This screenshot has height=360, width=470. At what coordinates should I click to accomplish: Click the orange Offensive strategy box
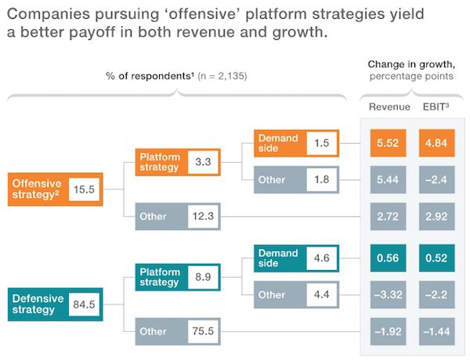point(38,189)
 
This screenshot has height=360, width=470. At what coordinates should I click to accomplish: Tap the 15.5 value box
point(84,189)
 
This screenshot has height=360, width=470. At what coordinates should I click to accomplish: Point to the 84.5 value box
point(84,304)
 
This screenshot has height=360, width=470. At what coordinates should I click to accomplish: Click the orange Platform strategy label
point(160,162)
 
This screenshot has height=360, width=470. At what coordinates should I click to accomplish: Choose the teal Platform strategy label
point(160,276)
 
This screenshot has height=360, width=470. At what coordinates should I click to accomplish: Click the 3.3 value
point(203,162)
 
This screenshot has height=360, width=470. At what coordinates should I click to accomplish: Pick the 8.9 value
point(203,277)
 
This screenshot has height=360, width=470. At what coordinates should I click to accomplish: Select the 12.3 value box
point(203,216)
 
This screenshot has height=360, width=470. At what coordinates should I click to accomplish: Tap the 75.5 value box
point(203,331)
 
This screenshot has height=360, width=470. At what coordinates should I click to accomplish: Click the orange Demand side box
point(279,143)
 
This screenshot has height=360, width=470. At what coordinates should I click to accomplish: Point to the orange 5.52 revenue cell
point(387,144)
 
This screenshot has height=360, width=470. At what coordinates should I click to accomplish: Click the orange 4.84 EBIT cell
point(437,144)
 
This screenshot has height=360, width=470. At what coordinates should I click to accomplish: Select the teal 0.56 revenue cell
point(387,258)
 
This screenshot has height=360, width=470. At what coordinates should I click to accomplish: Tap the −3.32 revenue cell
point(387,295)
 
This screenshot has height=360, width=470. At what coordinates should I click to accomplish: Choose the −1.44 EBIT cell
point(437,331)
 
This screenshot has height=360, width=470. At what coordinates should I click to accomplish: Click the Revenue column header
point(389,106)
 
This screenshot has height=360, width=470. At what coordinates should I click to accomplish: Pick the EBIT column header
point(436,106)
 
